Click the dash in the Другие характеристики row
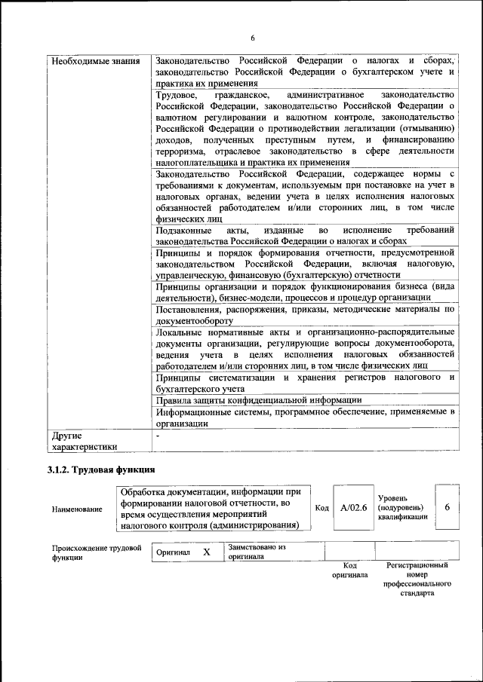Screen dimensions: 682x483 coord(157,436)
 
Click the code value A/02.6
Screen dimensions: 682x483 coord(353,508)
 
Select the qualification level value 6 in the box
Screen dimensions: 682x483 coord(447,507)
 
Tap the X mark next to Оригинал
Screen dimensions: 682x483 coord(206,552)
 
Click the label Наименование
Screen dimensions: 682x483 coord(77,509)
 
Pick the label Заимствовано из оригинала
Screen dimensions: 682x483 coord(257,552)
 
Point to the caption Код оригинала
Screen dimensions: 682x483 coord(349,570)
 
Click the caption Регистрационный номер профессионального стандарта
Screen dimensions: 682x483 coord(417,579)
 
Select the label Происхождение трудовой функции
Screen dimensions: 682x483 coord(97,552)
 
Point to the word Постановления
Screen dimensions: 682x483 coord(189,309)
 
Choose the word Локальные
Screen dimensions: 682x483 coord(178,332)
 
